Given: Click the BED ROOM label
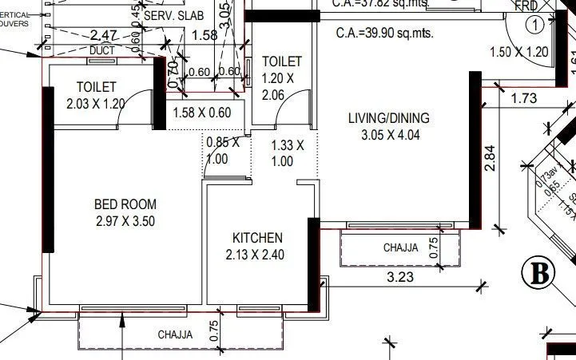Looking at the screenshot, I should [125, 204].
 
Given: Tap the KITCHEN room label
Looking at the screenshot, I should [257, 238].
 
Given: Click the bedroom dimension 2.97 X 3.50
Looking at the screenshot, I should [125, 220].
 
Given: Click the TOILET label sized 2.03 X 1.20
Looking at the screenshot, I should [97, 86].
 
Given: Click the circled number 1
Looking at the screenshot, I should [535, 24].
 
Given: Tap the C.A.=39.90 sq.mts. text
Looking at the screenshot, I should [386, 34].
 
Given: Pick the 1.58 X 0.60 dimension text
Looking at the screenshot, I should [202, 113].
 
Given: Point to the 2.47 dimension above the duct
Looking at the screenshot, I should [105, 35].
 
